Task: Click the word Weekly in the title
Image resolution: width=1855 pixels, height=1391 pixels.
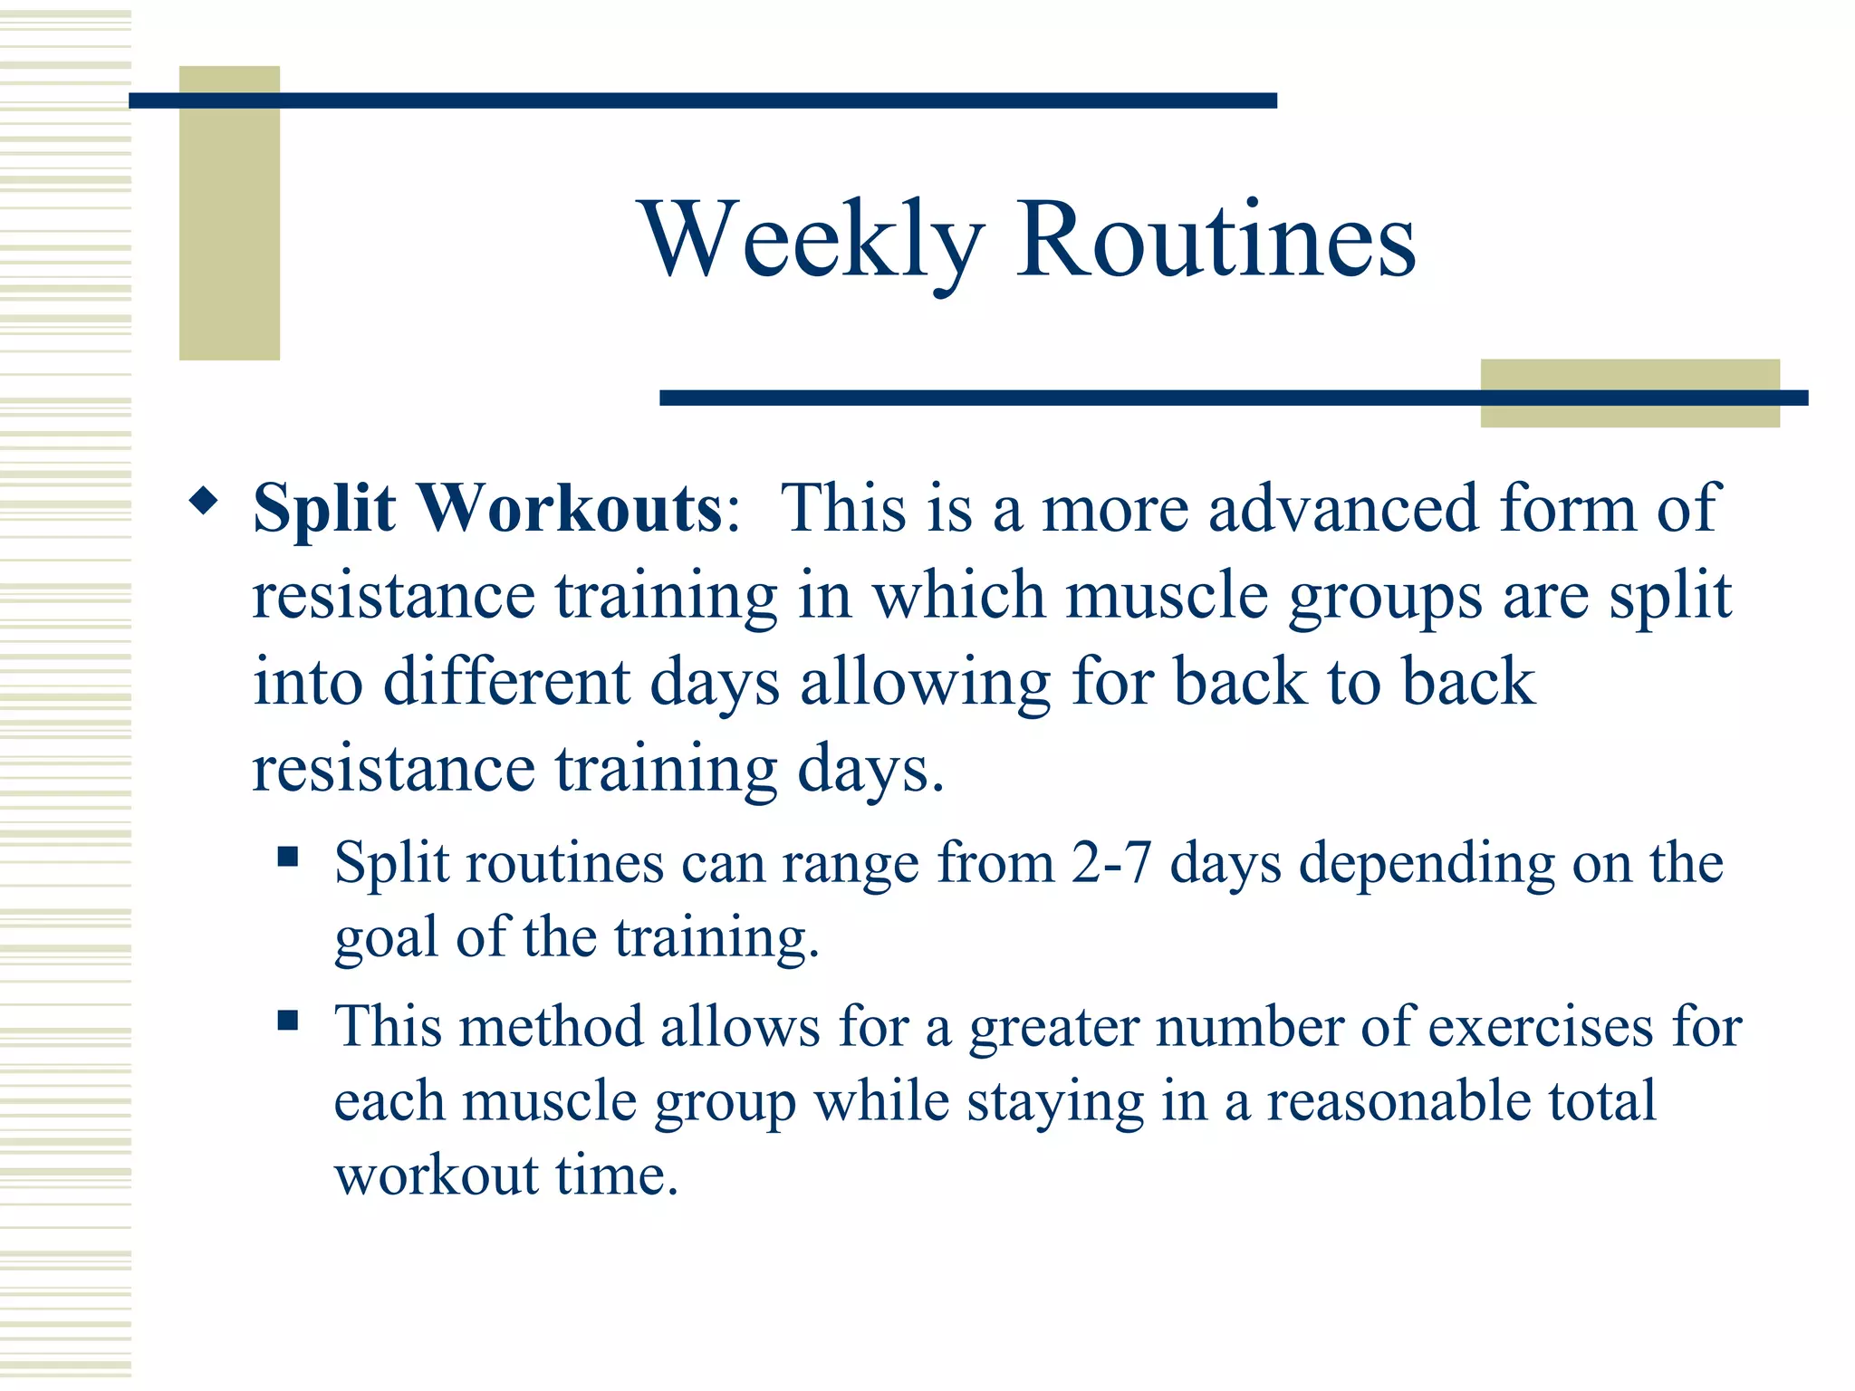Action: point(812,240)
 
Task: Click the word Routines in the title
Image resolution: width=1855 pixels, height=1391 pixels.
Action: point(1216,240)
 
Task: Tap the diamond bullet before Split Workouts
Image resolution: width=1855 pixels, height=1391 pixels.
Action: point(205,501)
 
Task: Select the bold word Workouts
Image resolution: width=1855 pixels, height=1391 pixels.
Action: point(569,508)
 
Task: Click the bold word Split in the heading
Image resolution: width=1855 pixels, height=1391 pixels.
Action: point(324,510)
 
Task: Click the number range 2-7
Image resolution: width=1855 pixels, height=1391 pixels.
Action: point(1110,862)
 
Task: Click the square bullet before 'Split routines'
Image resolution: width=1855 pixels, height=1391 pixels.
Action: point(288,857)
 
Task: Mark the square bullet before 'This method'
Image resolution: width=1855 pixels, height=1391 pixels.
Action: point(288,1022)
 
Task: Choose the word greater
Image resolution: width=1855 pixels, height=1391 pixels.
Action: point(1053,1029)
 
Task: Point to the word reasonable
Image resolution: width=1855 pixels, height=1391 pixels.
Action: point(1398,1101)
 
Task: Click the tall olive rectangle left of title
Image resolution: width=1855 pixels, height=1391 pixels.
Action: point(229,213)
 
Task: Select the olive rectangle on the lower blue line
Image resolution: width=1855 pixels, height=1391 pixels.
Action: point(1629,393)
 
